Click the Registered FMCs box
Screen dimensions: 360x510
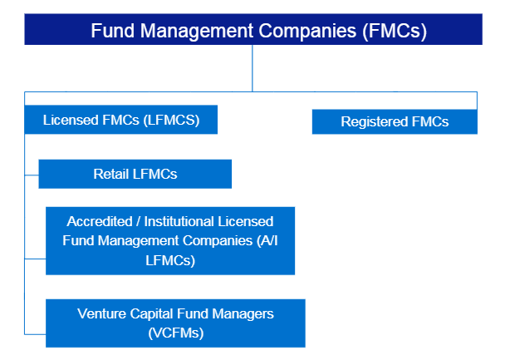pos(395,121)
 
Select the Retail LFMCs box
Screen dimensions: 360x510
pos(135,174)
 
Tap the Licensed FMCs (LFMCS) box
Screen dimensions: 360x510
pos(122,120)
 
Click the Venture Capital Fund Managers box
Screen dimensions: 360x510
pos(175,323)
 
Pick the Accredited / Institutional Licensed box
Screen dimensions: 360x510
pos(170,240)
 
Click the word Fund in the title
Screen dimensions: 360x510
pos(111,31)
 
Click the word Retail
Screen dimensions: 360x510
pos(110,174)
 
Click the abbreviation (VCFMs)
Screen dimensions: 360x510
pos(175,333)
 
